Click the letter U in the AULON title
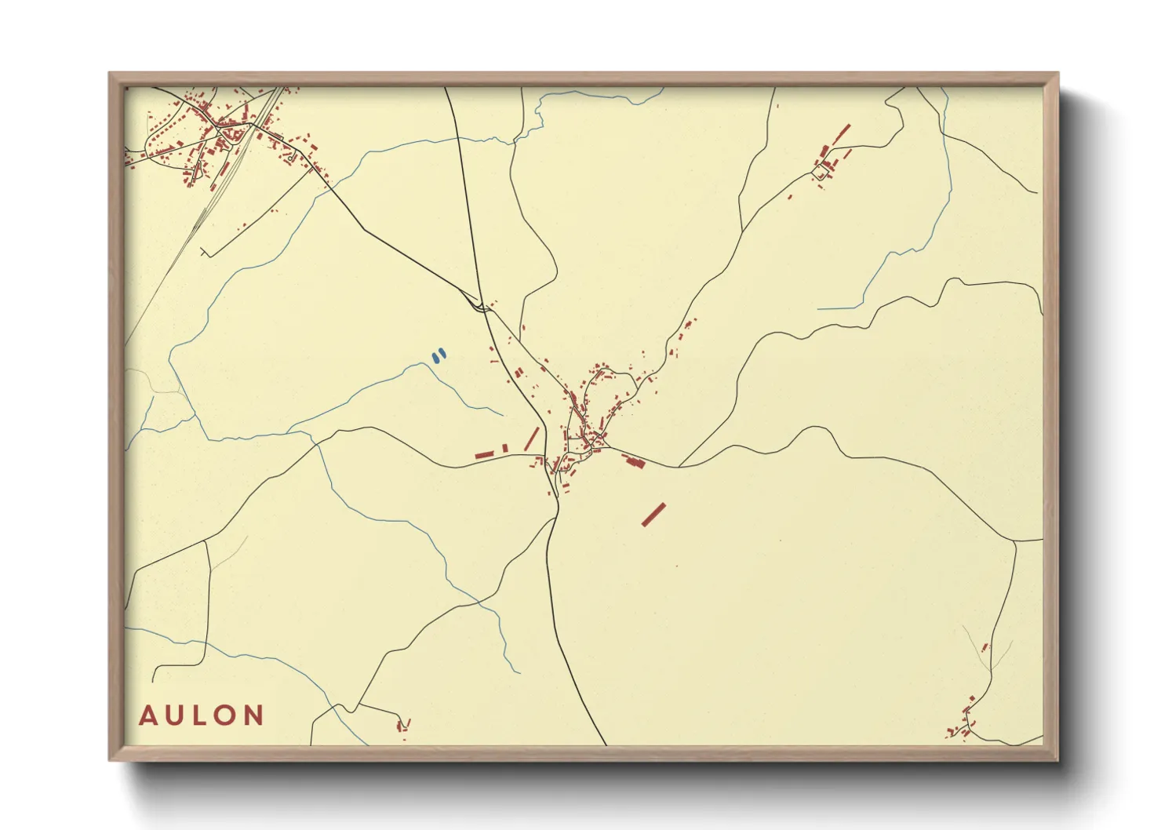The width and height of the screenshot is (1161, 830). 173,715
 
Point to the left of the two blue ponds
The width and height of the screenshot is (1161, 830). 435,358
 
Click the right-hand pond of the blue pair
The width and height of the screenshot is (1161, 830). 442,354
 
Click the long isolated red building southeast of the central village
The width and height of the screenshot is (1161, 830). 653,514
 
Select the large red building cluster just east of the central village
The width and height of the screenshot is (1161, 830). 633,461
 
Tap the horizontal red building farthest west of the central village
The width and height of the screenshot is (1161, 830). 484,454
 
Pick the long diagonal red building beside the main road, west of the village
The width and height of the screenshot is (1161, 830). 531,439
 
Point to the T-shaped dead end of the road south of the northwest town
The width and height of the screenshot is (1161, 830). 204,253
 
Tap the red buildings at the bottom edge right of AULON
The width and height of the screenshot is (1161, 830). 403,725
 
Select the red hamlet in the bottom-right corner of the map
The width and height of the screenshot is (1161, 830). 965,722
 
